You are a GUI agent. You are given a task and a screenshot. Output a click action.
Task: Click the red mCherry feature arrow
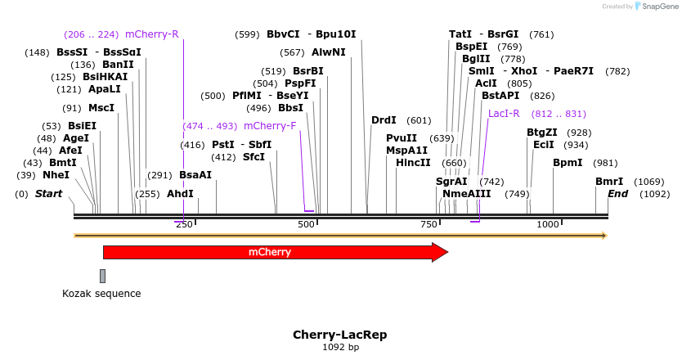pos(270,252)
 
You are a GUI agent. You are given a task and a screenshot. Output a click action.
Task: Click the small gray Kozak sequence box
pos(102,276)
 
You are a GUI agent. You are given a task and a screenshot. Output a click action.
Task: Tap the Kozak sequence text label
pos(101,294)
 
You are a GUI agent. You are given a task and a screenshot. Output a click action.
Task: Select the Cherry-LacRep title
pos(339,335)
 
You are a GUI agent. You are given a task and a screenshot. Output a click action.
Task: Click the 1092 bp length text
pos(340,348)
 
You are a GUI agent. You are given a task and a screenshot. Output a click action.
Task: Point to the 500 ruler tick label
pos(306,224)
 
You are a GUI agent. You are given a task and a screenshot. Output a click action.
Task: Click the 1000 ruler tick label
pos(547,224)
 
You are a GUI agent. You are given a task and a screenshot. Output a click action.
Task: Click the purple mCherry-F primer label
pos(270,126)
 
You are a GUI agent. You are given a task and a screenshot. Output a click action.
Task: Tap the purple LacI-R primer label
pos(504,114)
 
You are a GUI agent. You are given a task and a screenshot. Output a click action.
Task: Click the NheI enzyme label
pos(56,175)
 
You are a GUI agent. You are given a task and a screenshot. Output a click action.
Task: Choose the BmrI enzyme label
pos(608,182)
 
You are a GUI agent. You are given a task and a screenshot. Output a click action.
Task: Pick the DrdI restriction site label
pos(384,120)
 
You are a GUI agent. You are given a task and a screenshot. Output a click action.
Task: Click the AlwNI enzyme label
pos(329,52)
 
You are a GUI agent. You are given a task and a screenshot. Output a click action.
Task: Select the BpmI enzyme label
pos(568,163)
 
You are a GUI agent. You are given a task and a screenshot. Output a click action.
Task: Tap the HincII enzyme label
pos(413,163)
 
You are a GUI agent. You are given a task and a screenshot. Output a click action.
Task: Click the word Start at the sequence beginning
pos(48,194)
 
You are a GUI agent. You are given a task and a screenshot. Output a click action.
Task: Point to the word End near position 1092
pos(617,194)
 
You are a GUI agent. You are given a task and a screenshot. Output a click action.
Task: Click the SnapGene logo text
pos(659,7)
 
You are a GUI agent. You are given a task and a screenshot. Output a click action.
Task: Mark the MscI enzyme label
pos(101,108)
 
